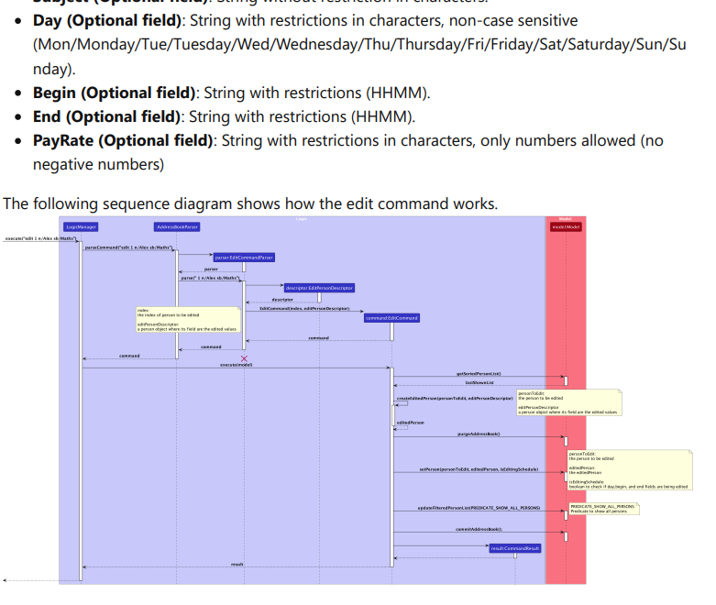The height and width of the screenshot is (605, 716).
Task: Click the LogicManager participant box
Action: (x=81, y=226)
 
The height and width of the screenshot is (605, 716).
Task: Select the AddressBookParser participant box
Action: (x=177, y=226)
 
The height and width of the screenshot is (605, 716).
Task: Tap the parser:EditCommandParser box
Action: (x=244, y=258)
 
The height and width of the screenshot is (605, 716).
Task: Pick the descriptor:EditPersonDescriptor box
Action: (x=318, y=288)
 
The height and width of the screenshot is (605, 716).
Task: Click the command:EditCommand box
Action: (x=391, y=318)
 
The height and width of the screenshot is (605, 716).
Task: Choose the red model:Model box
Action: (x=566, y=226)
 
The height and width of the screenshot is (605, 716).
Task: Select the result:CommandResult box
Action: (x=515, y=547)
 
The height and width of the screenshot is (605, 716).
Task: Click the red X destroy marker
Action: (x=244, y=358)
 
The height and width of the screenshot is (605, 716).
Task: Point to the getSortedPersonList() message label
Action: (x=479, y=374)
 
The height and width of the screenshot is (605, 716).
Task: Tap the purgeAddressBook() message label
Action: (x=479, y=434)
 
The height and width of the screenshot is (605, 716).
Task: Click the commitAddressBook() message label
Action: (x=479, y=529)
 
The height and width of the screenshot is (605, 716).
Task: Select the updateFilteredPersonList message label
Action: (x=479, y=508)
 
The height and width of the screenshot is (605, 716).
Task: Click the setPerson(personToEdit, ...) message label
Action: (x=479, y=469)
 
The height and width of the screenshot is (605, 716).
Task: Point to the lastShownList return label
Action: (x=479, y=383)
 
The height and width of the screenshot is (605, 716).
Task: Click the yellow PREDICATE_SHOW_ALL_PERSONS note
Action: (x=603, y=509)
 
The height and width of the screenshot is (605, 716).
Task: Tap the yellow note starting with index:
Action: (x=187, y=320)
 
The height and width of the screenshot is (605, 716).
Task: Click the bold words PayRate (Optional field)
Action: (x=123, y=140)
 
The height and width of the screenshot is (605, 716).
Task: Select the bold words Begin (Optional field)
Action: (x=115, y=93)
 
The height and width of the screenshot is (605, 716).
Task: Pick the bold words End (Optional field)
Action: (x=107, y=116)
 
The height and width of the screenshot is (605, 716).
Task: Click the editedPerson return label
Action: (x=410, y=423)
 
